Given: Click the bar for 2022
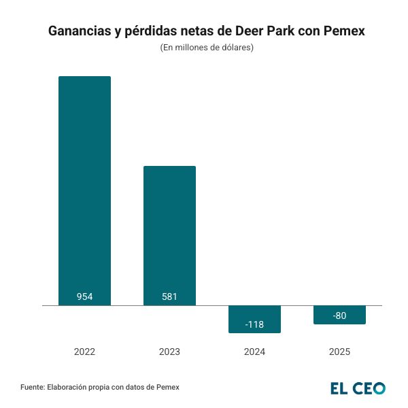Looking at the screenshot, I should (84, 190).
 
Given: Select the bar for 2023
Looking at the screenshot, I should (169, 235).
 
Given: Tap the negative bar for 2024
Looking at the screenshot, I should (254, 319).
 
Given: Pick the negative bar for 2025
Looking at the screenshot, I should (339, 314).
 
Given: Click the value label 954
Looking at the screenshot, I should (84, 296).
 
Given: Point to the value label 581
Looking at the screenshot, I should (169, 296).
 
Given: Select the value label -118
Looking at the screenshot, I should (254, 324).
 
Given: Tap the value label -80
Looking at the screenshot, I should (339, 315).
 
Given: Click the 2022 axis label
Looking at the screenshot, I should (84, 352).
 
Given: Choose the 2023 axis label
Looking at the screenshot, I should (169, 352).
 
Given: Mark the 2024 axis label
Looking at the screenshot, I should (254, 352).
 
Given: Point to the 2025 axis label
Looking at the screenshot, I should (339, 352).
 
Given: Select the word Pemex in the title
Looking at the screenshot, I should (341, 32).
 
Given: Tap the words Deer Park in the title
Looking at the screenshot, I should (260, 32).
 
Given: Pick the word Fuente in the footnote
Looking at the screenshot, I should (33, 388).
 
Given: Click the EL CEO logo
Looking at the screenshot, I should (358, 388).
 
